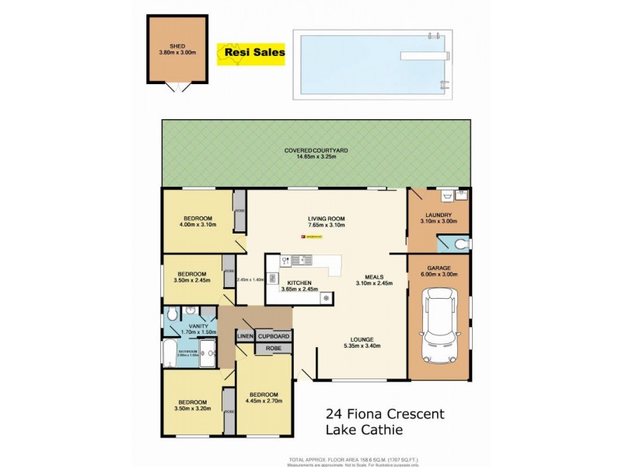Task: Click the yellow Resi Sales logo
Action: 254,53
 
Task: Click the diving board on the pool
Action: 423,56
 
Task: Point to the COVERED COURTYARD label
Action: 315,149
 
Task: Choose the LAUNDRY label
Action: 439,215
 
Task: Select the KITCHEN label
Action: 299,283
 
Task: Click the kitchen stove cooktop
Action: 326,297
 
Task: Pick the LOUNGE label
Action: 362,339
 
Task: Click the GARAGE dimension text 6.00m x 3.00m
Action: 439,274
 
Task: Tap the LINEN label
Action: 246,336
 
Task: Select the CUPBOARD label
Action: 273,336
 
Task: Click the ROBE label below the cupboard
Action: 273,349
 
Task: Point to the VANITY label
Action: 198,326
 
